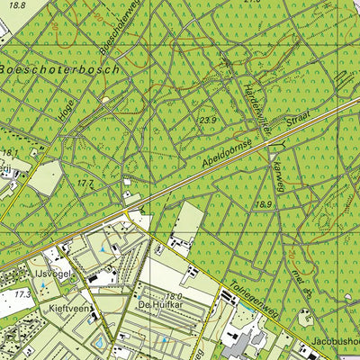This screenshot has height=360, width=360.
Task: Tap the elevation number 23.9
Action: click(x=209, y=119)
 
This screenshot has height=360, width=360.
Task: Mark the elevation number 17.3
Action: click(x=21, y=294)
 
